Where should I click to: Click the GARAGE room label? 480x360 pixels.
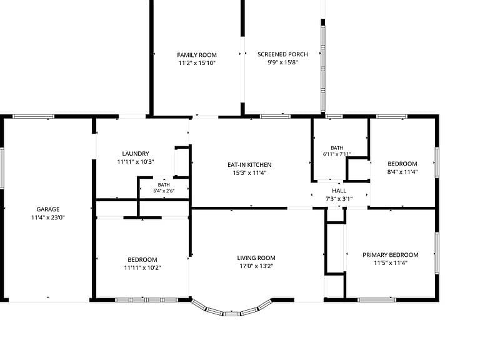click(x=47, y=209)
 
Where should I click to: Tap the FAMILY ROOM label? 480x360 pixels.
click(x=197, y=55)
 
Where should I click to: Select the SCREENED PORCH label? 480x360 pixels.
click(x=282, y=54)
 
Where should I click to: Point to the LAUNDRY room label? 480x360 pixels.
click(x=136, y=154)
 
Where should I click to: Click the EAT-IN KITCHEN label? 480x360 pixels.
click(x=249, y=165)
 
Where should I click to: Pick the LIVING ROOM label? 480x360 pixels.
click(x=256, y=258)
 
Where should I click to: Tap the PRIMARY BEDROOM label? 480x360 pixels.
click(x=390, y=255)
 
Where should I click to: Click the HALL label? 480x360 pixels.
click(x=339, y=191)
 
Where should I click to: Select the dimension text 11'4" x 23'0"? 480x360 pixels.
click(x=47, y=217)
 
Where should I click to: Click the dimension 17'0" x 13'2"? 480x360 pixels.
click(x=256, y=266)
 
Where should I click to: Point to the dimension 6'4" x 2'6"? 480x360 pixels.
click(x=164, y=191)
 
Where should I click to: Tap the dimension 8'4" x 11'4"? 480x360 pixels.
click(x=402, y=172)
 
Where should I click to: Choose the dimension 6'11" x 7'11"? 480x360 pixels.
click(x=337, y=154)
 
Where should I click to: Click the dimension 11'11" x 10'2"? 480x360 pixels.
click(x=142, y=268)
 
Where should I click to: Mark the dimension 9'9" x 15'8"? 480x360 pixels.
click(x=282, y=62)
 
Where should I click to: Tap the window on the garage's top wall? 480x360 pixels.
click(x=33, y=116)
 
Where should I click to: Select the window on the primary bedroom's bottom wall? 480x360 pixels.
click(x=376, y=300)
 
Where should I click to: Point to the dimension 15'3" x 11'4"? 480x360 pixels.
click(x=249, y=173)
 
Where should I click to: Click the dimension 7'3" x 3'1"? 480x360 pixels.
click(x=339, y=199)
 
